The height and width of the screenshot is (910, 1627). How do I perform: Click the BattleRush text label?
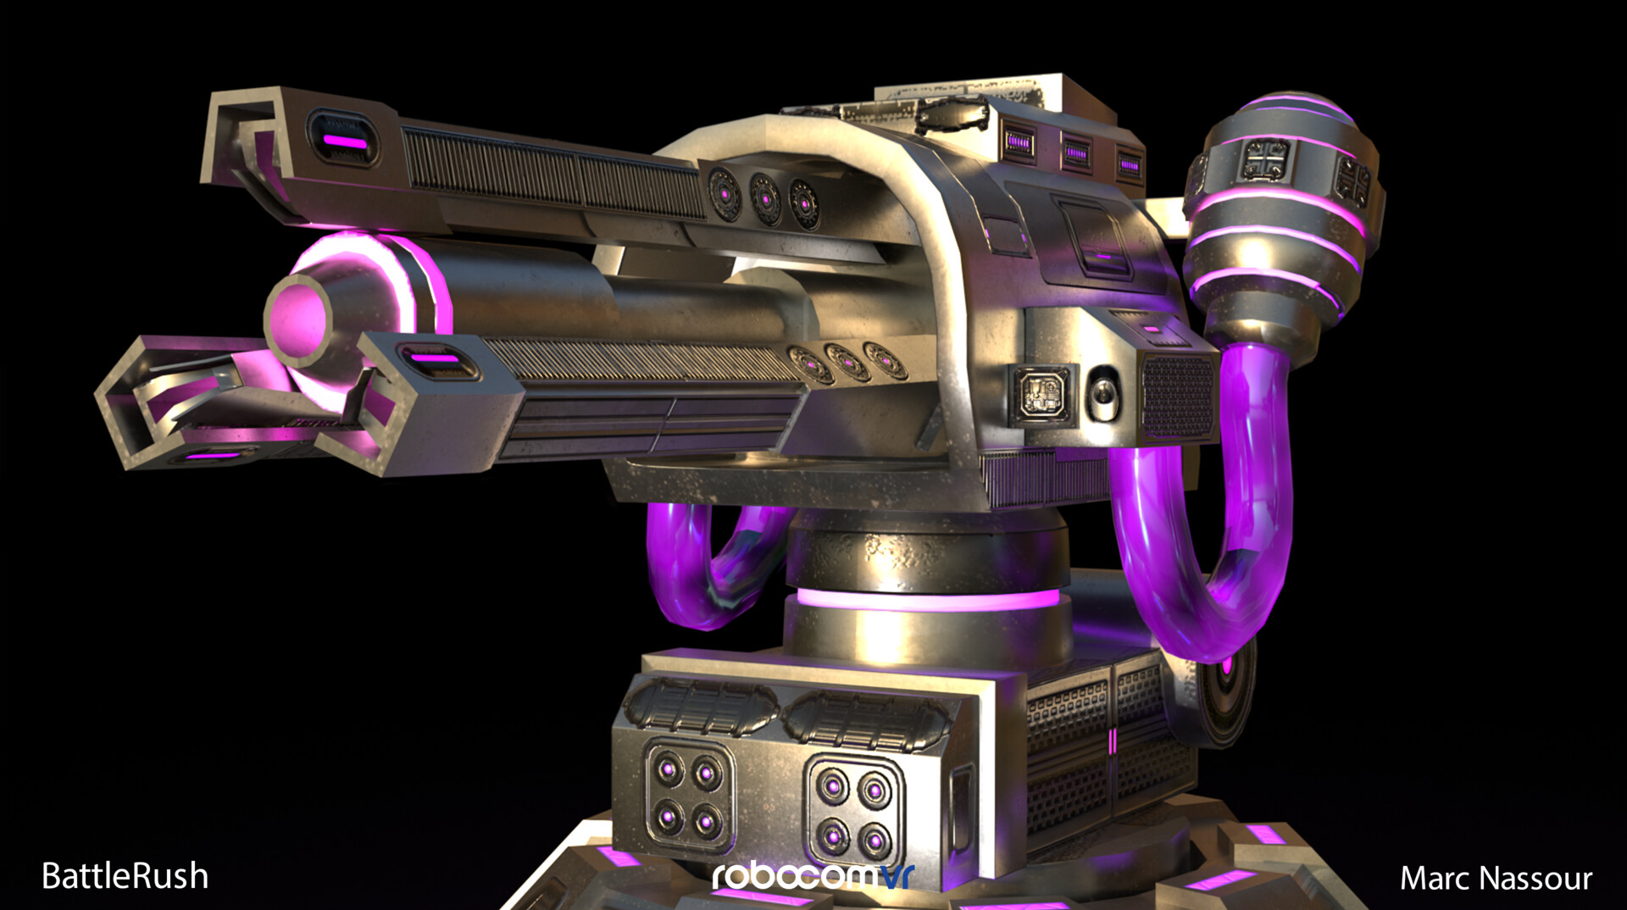tap(125, 876)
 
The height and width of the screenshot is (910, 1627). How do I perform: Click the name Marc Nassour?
tap(1496, 879)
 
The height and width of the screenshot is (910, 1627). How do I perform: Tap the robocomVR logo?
tap(812, 876)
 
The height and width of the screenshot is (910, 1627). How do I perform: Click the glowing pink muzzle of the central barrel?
tap(298, 318)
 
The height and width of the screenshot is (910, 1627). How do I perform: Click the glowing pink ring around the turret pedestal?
tap(928, 600)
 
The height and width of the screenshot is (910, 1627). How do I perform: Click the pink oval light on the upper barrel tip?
tap(343, 141)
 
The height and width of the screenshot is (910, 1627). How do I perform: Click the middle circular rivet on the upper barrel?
tap(764, 199)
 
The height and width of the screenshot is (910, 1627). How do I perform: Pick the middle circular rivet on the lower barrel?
tap(845, 363)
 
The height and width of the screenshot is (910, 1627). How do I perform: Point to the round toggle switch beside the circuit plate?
tap(1102, 395)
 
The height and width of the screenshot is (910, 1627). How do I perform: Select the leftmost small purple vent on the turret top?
tap(1019, 142)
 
